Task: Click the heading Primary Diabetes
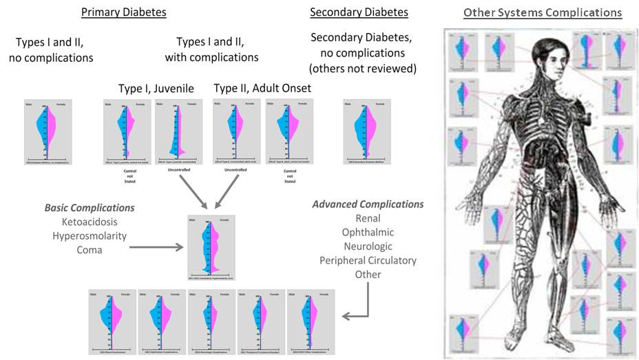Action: [x=123, y=12]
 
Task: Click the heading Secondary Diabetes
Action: [x=359, y=12]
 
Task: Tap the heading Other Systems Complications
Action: [x=543, y=13]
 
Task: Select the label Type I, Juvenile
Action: [x=156, y=88]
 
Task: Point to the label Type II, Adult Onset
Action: [x=262, y=88]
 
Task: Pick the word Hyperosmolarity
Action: [x=90, y=235]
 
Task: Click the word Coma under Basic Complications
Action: [x=90, y=249]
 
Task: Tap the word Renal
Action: [x=368, y=219]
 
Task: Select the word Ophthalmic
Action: [x=368, y=233]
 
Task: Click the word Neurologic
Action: [x=368, y=246]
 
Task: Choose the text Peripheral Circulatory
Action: [x=368, y=260]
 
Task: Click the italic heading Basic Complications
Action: [x=90, y=207]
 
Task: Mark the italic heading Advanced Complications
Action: [x=368, y=204]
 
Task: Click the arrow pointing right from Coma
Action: [x=155, y=247]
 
